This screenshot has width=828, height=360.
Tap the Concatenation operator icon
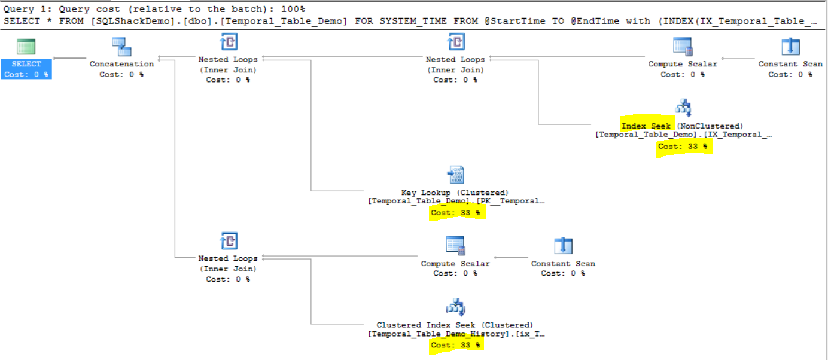click(x=122, y=47)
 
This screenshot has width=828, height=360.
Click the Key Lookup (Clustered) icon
click(x=455, y=175)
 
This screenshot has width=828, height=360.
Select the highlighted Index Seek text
click(x=646, y=126)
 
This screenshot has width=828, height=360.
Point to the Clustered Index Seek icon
click(x=455, y=307)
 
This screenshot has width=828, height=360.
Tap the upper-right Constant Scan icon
click(x=790, y=47)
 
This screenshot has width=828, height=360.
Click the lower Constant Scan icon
click(x=563, y=246)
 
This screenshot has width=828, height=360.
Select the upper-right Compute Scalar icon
click(x=683, y=47)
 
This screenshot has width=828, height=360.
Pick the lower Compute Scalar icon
click(x=455, y=246)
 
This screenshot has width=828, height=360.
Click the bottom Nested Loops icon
click(x=228, y=241)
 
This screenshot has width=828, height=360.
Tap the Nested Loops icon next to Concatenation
click(x=228, y=42)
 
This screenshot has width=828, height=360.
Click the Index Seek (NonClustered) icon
click(x=683, y=108)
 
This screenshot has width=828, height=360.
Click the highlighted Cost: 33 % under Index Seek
click(x=683, y=146)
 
